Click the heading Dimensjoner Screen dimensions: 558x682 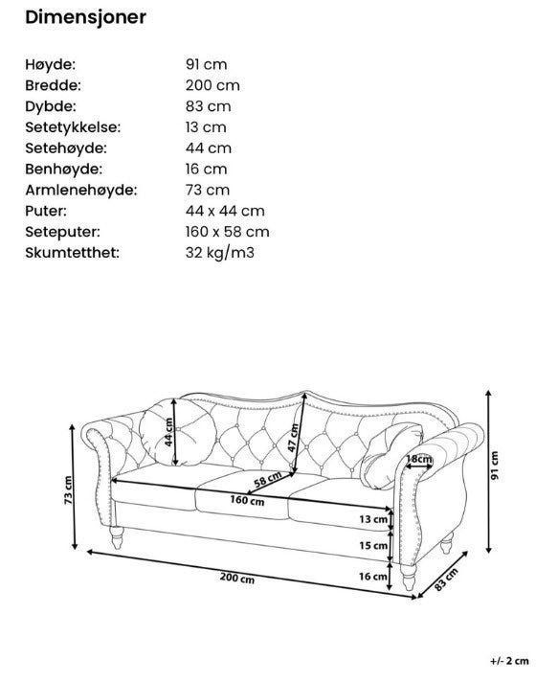(85, 17)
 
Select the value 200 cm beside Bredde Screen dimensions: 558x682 (212, 85)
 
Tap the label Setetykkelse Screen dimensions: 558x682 (86, 127)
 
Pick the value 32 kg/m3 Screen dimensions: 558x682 (220, 253)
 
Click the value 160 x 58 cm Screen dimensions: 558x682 (227, 232)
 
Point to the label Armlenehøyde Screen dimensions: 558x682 (80, 190)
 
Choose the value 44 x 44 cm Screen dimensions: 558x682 (225, 211)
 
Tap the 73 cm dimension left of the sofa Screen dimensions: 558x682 (69, 491)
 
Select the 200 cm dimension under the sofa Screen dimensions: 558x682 (237, 577)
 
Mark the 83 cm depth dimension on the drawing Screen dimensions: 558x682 (446, 580)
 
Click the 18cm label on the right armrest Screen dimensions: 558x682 (418, 460)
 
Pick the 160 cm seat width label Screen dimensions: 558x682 (248, 500)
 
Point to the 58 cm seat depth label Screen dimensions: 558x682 (267, 479)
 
